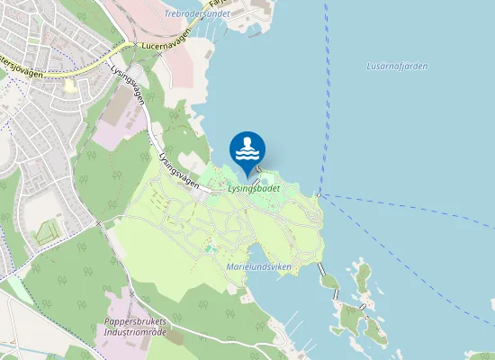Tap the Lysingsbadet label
254,189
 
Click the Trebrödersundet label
198,14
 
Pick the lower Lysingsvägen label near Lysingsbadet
178,167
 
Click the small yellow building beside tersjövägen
69,86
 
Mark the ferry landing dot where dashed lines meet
320,195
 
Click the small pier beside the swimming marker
258,168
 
